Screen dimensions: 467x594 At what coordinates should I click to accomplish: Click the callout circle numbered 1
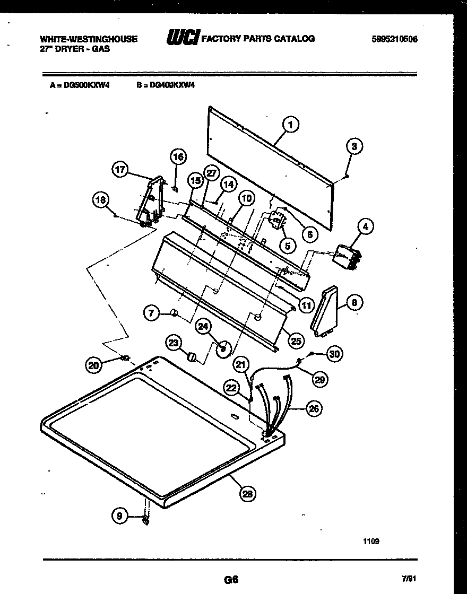pyautogui.click(x=290, y=125)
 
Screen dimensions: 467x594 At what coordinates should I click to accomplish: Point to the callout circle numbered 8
pyautogui.click(x=354, y=303)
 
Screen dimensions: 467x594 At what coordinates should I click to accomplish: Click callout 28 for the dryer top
pyautogui.click(x=247, y=494)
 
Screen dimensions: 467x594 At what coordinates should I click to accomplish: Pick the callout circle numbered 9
pyautogui.click(x=120, y=515)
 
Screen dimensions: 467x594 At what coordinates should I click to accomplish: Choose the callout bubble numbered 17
pyautogui.click(x=120, y=170)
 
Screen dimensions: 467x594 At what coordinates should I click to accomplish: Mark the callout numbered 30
pyautogui.click(x=334, y=354)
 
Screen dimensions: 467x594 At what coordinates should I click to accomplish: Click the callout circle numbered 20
pyautogui.click(x=94, y=364)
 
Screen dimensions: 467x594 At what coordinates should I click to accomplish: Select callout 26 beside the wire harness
pyautogui.click(x=314, y=408)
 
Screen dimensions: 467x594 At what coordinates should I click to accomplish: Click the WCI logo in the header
pyautogui.click(x=182, y=38)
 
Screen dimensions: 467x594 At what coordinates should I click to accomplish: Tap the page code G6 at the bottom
pyautogui.click(x=231, y=580)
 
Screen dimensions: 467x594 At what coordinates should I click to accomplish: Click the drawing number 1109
pyautogui.click(x=371, y=541)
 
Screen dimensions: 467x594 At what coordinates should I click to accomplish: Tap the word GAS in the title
pyautogui.click(x=101, y=49)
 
